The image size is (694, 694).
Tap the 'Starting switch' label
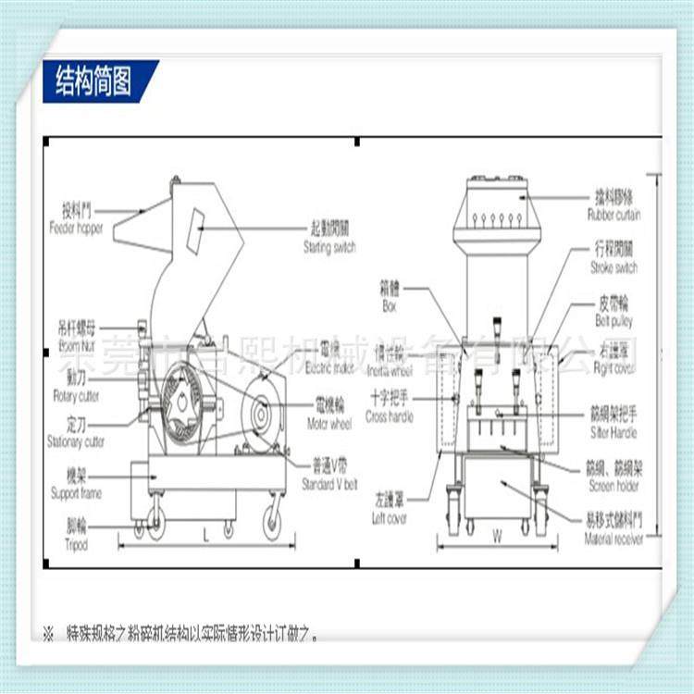pos(328,248)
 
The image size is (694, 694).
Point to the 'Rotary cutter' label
pos(78,396)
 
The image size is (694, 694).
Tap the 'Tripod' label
pos(77,545)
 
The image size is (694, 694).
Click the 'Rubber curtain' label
pos(613,215)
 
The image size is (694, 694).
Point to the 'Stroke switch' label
pos(613,267)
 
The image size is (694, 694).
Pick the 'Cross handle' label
pos(391,417)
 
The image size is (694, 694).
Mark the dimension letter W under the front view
pos(496,535)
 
